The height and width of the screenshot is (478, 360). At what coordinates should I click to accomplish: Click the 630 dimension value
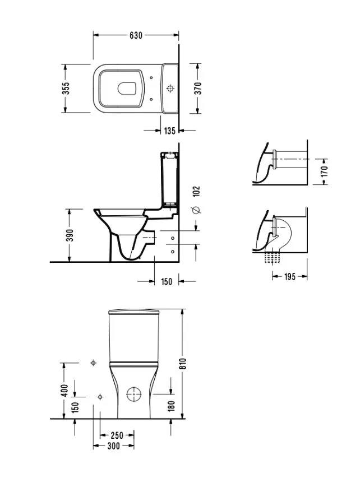point(136,35)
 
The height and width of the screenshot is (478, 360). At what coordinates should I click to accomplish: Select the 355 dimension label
point(66,88)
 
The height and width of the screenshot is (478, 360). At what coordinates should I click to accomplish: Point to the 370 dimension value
point(198,88)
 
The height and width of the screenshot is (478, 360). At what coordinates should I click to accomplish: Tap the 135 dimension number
point(170,131)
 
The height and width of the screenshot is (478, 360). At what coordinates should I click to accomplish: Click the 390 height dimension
point(70,235)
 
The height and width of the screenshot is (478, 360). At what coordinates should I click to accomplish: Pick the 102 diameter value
point(196,191)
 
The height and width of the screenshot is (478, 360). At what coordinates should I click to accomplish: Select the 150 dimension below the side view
point(167,281)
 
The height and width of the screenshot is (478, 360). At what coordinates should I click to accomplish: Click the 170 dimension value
point(324,171)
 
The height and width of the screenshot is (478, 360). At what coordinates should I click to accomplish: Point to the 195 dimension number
point(289,276)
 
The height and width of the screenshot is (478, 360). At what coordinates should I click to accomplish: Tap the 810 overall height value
point(182,364)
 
